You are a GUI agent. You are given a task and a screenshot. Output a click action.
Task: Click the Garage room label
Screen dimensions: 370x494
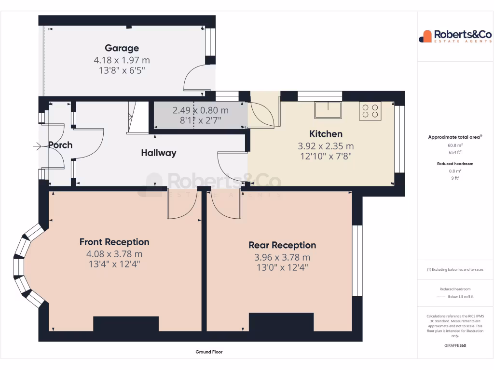tap(122, 48)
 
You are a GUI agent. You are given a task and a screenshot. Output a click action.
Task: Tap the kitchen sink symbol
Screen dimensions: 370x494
tap(328, 110)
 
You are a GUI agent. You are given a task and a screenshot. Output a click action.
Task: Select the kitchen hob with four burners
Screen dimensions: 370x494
tap(370, 111)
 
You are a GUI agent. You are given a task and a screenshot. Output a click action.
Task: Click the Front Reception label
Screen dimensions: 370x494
tap(114, 242)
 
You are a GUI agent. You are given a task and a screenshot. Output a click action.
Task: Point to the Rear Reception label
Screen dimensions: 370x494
tap(282, 245)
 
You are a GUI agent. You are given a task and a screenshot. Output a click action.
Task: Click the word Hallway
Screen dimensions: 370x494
tap(158, 153)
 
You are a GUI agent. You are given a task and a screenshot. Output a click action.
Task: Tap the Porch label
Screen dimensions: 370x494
tap(60, 145)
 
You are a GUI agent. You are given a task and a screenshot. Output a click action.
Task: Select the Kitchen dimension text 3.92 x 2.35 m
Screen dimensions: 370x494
tap(326, 146)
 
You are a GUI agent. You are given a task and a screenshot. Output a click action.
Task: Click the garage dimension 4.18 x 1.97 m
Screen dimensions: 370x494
tap(122, 60)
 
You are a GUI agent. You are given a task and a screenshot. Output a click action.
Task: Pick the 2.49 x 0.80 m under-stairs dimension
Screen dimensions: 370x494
tap(200, 110)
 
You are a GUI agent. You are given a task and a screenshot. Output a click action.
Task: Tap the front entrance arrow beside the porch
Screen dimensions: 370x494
tap(38, 145)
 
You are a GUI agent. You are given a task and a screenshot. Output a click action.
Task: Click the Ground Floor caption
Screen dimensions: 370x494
tap(209, 352)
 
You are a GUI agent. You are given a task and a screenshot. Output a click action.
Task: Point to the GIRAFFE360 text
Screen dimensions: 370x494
tap(455, 345)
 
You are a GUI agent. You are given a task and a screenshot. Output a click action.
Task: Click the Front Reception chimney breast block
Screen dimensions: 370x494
tap(125, 324)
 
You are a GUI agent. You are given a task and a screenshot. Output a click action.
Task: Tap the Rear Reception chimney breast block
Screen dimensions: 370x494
tap(281, 322)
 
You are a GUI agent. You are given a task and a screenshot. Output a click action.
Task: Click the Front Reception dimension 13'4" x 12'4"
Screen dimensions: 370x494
tap(114, 264)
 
